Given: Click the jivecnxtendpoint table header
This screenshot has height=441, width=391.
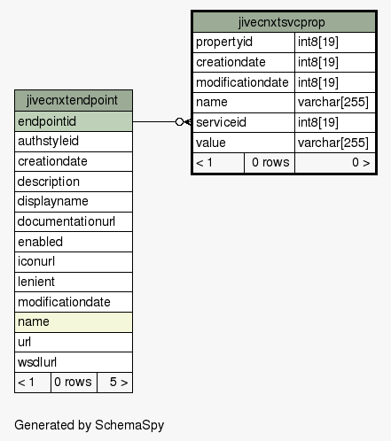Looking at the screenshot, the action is tap(74, 100).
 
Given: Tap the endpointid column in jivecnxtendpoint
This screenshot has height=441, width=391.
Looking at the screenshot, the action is tap(74, 121).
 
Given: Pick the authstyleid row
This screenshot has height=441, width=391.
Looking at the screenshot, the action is tap(74, 142).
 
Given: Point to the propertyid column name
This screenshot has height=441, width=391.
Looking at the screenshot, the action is tap(224, 42).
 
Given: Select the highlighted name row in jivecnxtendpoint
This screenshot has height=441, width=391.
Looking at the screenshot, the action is tap(74, 322).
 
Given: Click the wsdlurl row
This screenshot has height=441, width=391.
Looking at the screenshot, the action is tap(74, 362).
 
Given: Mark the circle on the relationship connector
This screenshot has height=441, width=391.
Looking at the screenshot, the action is tap(179, 121).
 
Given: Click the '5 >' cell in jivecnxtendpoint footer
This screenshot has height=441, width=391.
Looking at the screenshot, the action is tap(115, 383).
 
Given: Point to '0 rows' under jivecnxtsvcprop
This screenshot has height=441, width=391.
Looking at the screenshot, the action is tap(270, 163).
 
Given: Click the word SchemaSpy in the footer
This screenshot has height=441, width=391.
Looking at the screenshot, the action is tap(129, 425).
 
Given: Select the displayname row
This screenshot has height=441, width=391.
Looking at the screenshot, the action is tap(74, 202).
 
